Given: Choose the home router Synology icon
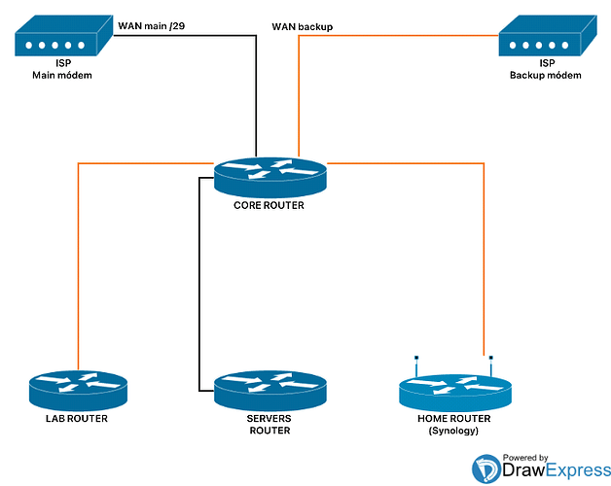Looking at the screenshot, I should coord(454,391).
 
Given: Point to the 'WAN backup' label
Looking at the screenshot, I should coord(304,27).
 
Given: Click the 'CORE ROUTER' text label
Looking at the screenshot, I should coord(270,205).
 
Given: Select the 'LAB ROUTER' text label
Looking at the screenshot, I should coord(75,419).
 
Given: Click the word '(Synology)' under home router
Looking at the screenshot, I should coord(453,431).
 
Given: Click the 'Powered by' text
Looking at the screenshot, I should coord(523,457).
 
